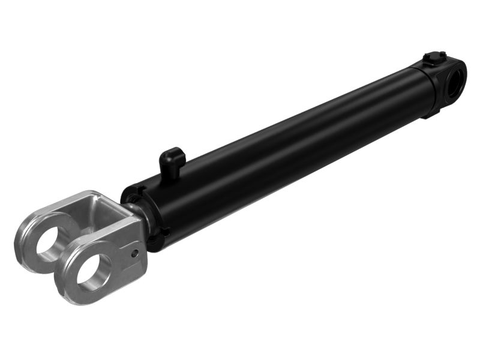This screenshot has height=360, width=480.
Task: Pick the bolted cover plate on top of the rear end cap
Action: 434,60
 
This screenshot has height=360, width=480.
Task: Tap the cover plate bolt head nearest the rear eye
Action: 443,57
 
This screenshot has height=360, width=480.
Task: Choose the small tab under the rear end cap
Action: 431,113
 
